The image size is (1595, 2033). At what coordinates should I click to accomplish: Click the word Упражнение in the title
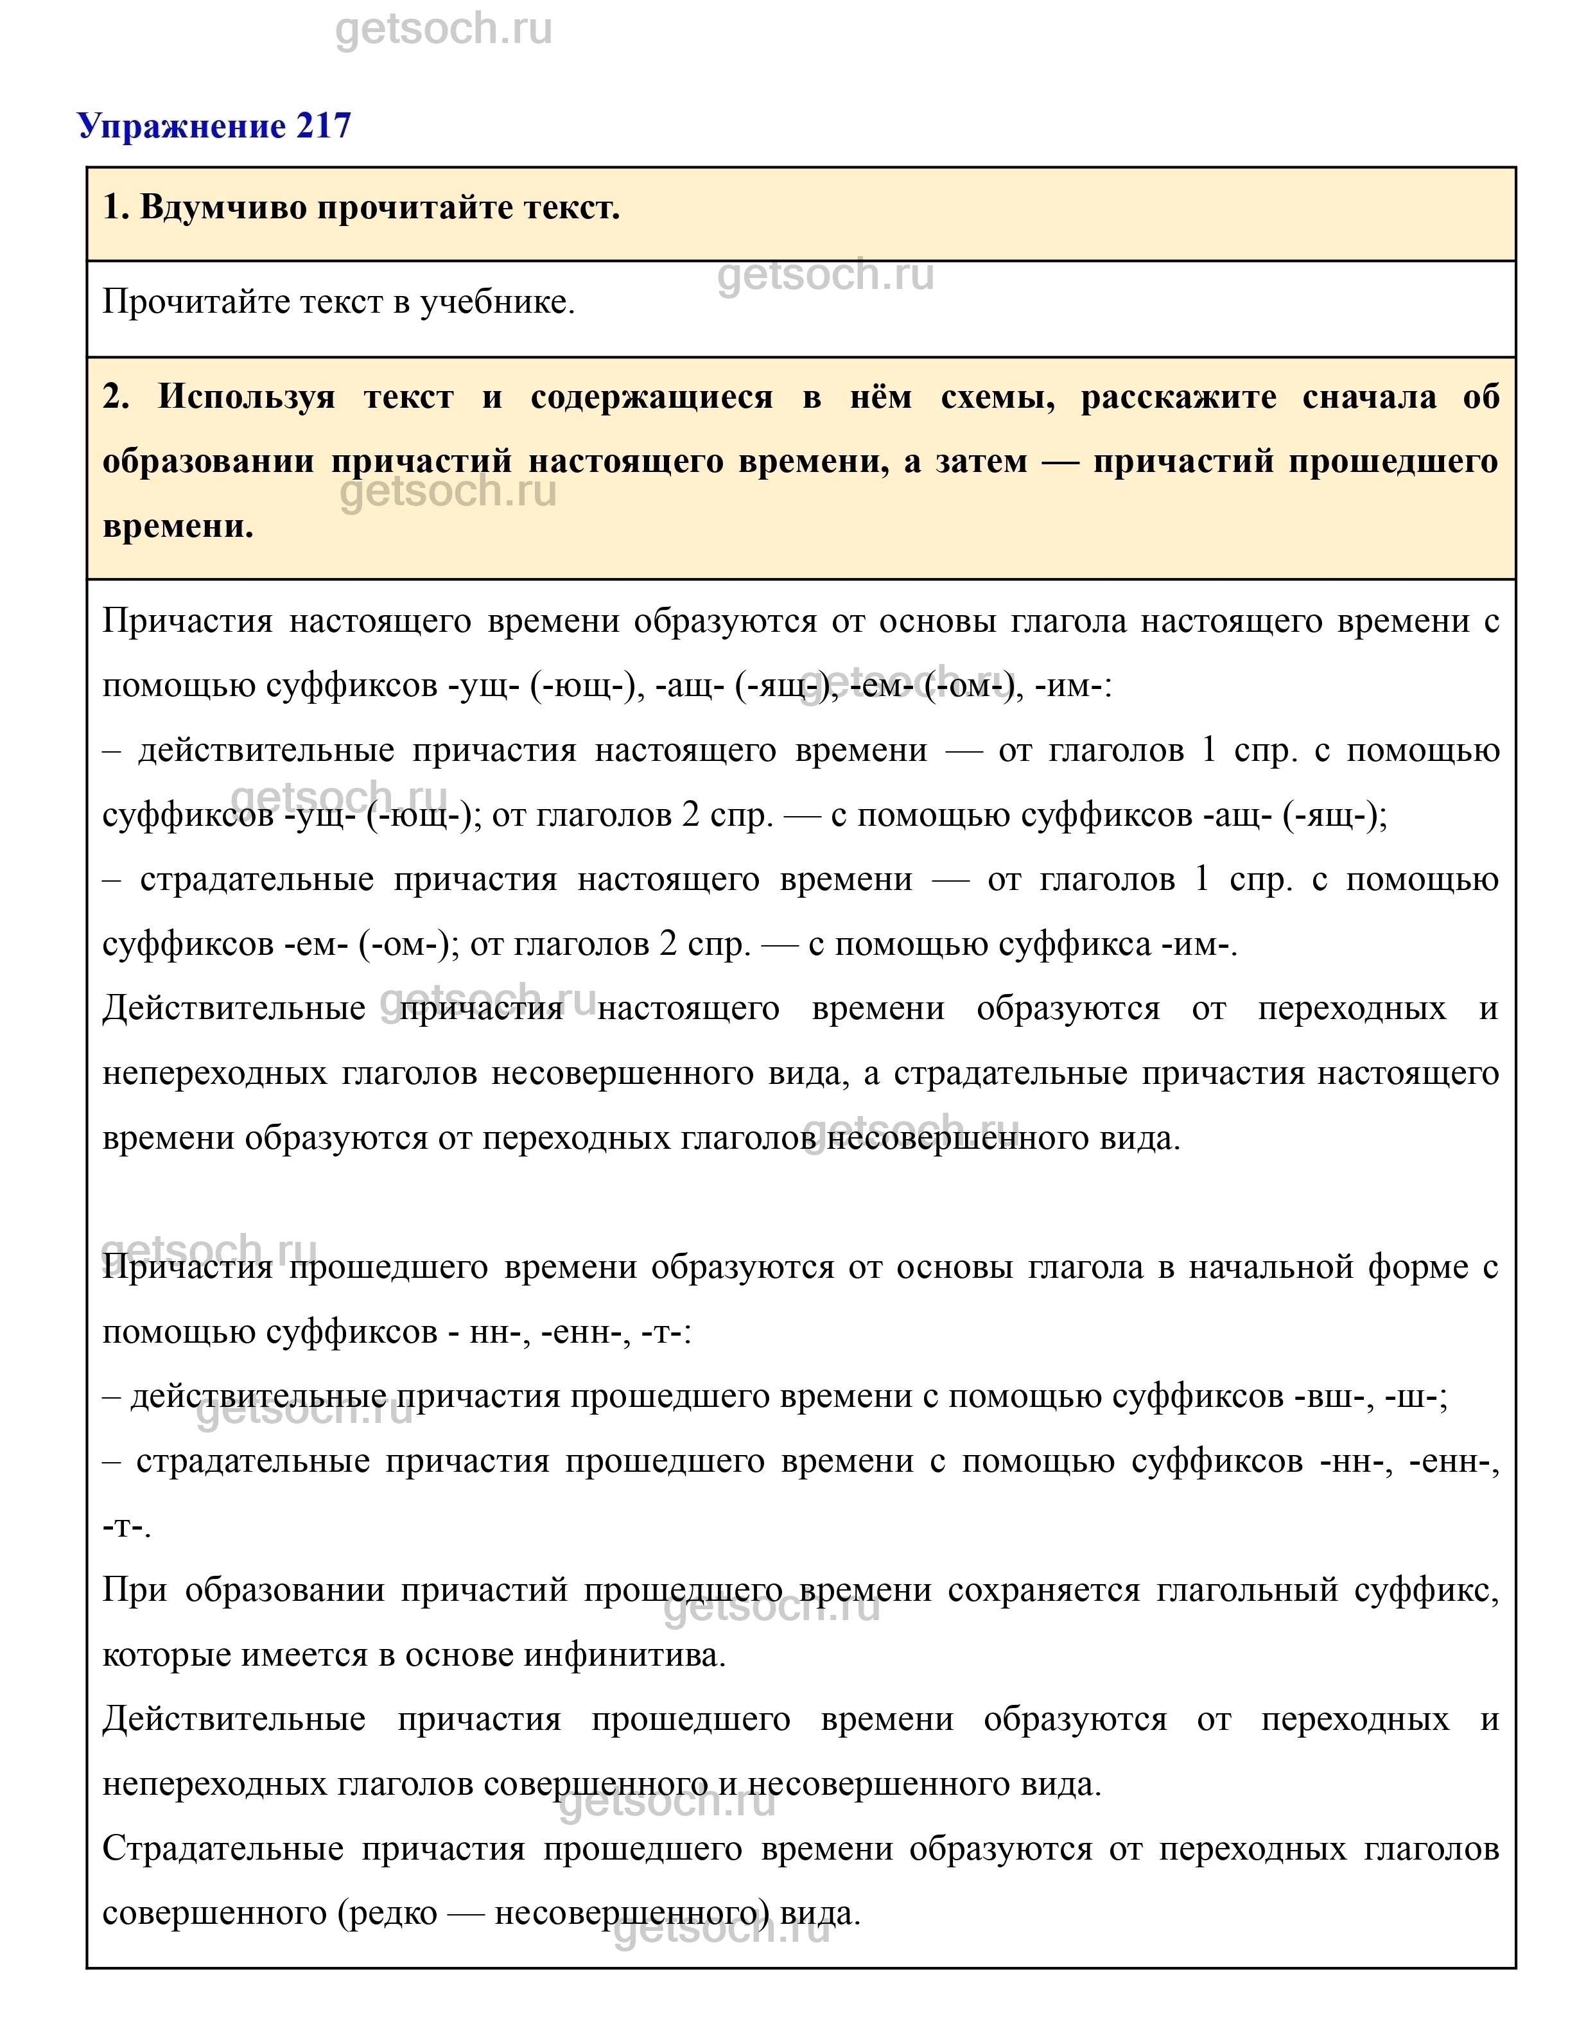pyautogui.click(x=182, y=125)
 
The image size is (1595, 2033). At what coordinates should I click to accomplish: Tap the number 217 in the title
pyautogui.click(x=323, y=125)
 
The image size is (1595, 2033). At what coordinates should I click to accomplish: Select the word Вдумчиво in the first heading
pyautogui.click(x=224, y=207)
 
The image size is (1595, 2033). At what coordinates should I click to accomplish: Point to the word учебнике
pyautogui.click(x=497, y=302)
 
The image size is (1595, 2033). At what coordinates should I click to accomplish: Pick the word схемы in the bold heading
pyautogui.click(x=997, y=397)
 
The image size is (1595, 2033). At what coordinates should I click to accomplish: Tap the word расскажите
pyautogui.click(x=1178, y=397)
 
